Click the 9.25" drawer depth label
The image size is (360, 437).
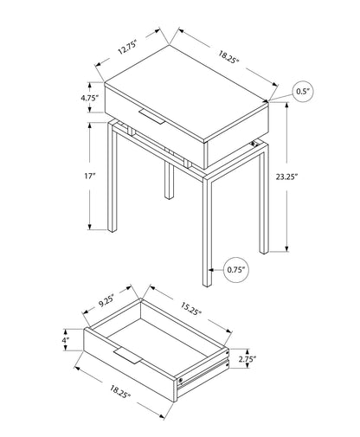pos(108,302)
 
